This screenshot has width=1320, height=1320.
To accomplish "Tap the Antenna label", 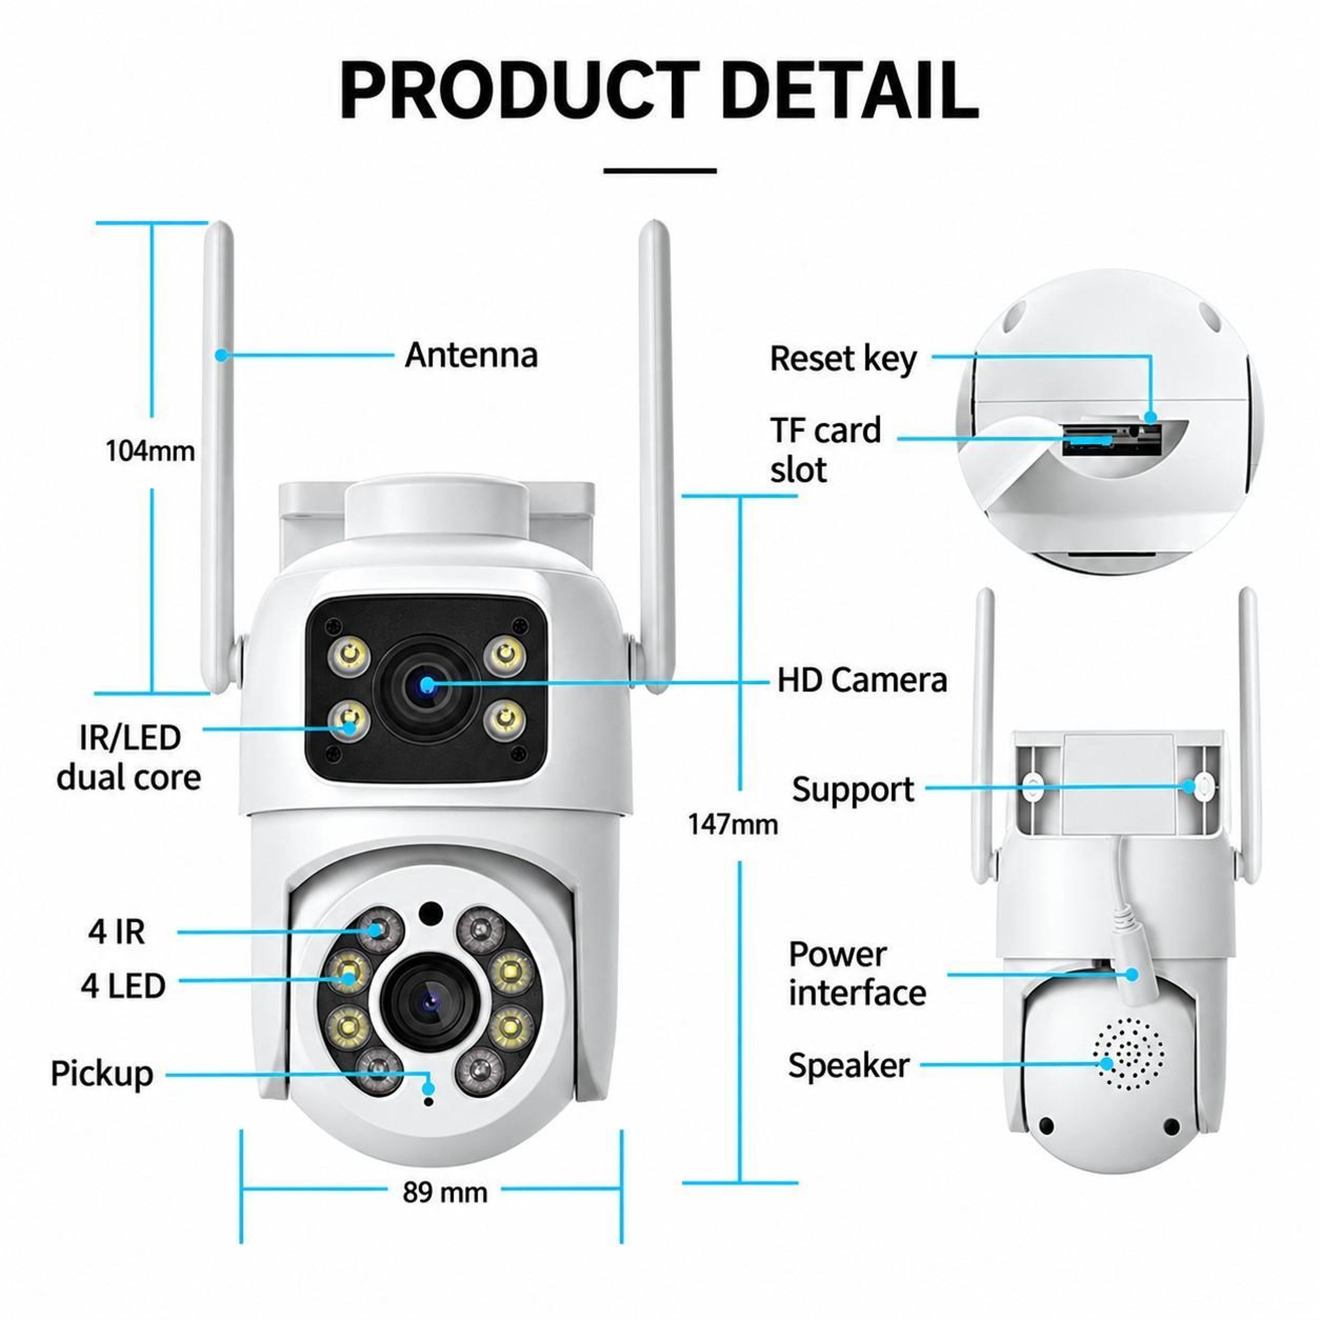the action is point(471,355).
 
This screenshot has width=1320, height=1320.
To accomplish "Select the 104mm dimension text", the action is point(150,451).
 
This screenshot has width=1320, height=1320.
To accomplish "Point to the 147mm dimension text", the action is point(733,825).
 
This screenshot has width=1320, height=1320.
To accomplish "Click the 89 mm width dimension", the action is point(445,1192).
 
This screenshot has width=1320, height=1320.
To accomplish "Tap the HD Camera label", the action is point(862,681).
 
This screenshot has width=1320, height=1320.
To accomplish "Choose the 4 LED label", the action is point(123,986).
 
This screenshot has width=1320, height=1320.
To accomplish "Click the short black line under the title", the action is point(660,171).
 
